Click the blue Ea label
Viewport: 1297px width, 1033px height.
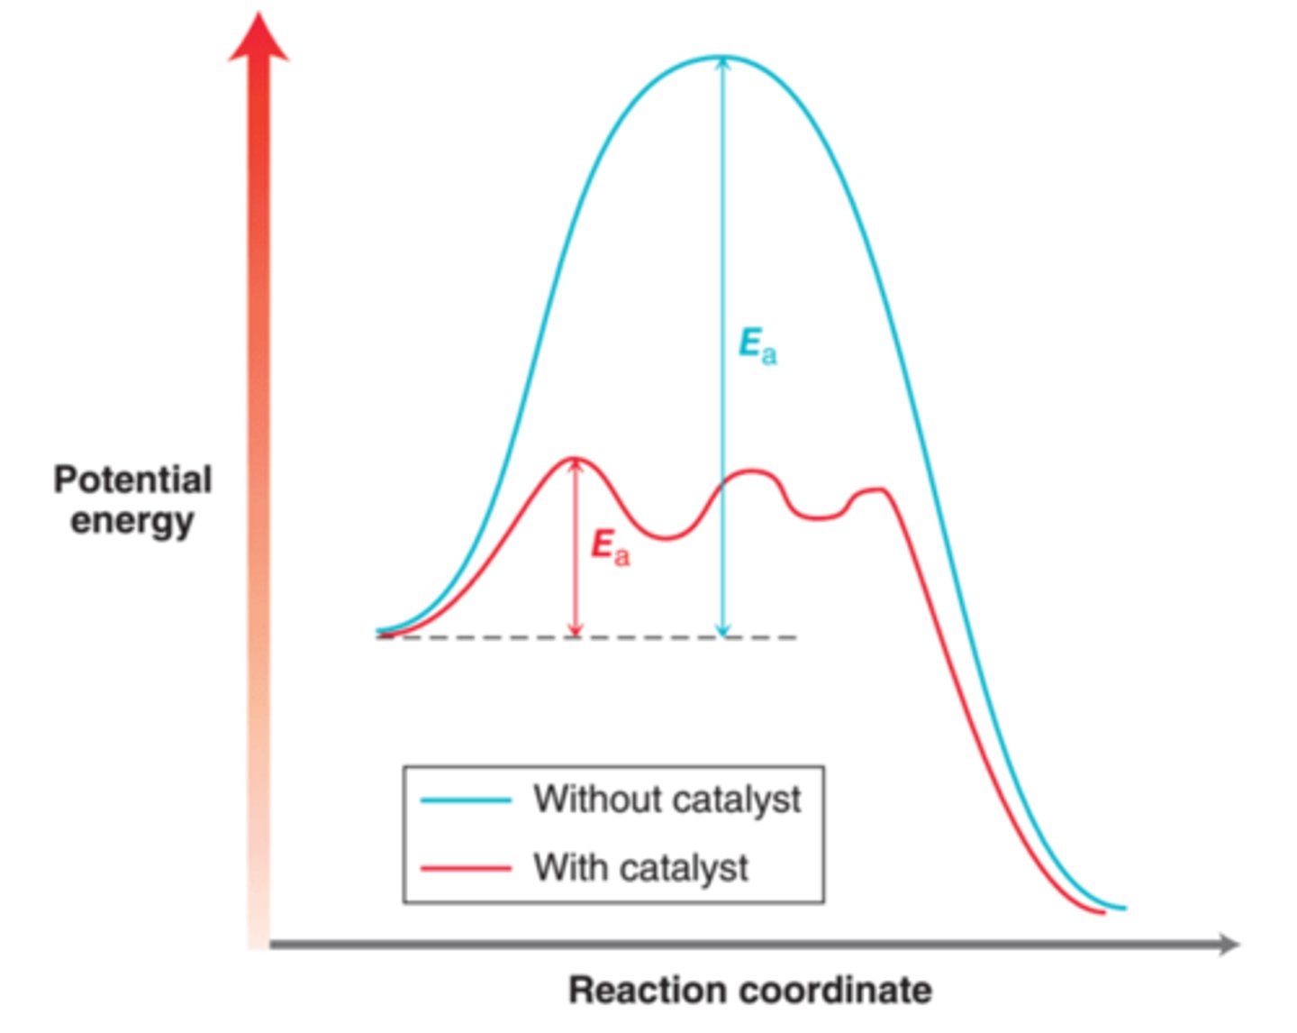point(757,347)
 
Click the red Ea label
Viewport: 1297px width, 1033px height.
point(610,547)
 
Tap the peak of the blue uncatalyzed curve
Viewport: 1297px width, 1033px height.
point(721,58)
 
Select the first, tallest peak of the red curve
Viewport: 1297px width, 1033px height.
point(575,459)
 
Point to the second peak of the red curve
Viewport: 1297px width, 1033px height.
point(752,471)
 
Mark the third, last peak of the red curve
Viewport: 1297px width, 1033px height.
point(875,489)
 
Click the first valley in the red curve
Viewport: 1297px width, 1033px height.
point(666,538)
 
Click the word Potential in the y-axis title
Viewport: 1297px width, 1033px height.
point(132,480)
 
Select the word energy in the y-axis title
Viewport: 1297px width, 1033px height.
point(132,522)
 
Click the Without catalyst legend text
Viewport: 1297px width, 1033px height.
point(667,800)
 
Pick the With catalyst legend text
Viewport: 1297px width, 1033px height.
point(640,868)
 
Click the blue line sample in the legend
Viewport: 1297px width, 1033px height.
point(466,800)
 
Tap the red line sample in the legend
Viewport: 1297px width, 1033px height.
point(466,869)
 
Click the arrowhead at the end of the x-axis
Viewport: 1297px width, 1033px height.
point(1229,945)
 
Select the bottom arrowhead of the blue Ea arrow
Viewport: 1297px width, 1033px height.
point(721,630)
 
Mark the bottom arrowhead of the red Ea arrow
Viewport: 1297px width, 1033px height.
point(576,629)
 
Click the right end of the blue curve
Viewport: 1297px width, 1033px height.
point(1123,908)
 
